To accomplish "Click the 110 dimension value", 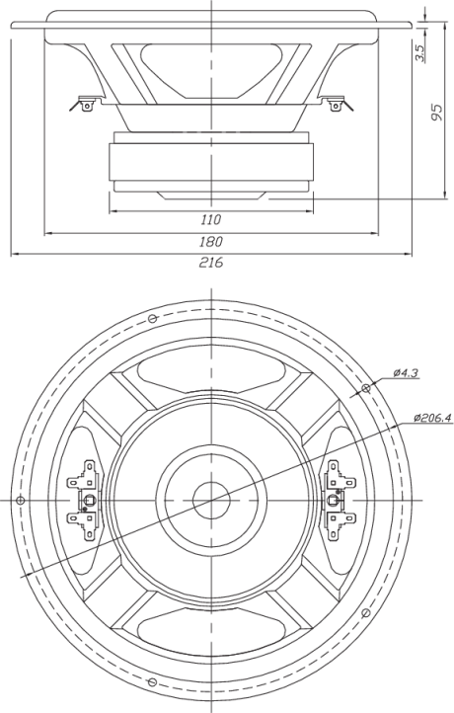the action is click(211, 219).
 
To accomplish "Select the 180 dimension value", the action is click(211, 242).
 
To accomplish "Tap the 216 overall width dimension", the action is click(211, 263).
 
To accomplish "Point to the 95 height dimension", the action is click(436, 113).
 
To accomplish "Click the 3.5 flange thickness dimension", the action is click(420, 53).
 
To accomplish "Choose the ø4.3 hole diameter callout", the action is click(406, 373).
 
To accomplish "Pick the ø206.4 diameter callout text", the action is click(432, 418).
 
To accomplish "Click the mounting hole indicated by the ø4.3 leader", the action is click(365, 388).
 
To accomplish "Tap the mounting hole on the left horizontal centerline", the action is click(20, 501).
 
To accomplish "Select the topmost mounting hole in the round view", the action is click(153, 318).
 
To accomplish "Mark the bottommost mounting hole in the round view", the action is click(153, 682).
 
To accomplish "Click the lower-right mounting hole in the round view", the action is click(365, 613).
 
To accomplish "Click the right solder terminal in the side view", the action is click(338, 104).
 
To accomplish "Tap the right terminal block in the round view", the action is click(340, 501).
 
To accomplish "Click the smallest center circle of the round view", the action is click(211, 501).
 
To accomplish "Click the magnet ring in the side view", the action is click(211, 162).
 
